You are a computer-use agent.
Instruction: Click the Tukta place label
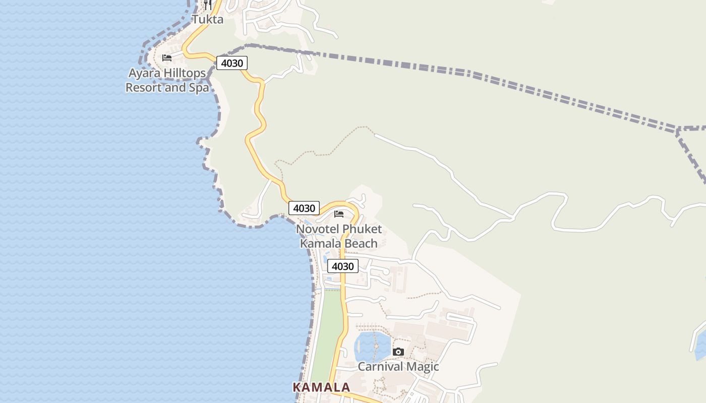coord(207,20)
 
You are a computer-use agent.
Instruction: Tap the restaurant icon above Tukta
coord(207,5)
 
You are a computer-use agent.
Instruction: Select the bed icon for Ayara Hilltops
coord(167,58)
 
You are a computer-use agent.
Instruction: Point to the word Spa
coord(199,88)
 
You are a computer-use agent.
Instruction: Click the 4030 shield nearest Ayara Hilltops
coord(232,63)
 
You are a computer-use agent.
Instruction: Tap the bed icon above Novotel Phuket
coord(339,214)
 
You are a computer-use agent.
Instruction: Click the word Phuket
coord(362,229)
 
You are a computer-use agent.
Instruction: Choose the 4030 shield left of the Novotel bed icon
coord(304,208)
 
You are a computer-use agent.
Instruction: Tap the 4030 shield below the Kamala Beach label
coord(343,266)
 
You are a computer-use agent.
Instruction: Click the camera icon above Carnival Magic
coord(398,352)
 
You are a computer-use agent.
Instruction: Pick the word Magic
coord(423,367)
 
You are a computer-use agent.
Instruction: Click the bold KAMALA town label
coord(321,387)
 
